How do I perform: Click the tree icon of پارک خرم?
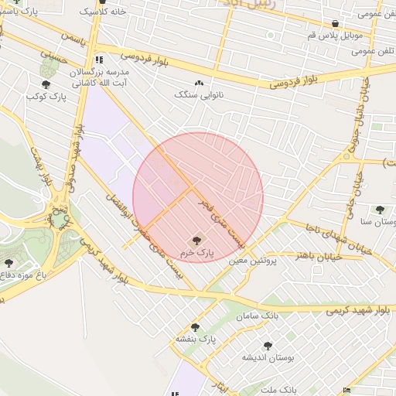(x=194, y=241)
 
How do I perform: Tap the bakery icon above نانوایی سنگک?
(x=199, y=83)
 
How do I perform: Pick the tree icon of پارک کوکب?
(x=46, y=85)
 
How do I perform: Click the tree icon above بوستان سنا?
(x=379, y=209)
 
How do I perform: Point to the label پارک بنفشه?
(x=193, y=340)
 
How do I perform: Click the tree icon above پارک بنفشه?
(x=195, y=327)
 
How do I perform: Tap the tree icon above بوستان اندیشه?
(x=268, y=346)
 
